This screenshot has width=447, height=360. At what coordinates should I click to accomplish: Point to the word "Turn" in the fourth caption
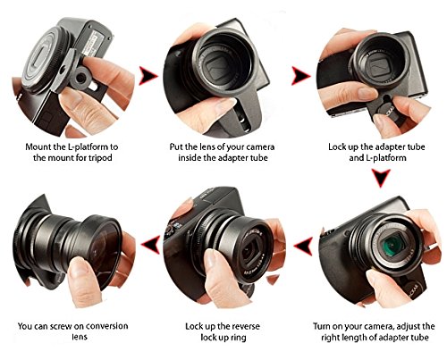click(322, 326)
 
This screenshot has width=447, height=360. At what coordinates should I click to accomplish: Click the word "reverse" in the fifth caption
click(244, 326)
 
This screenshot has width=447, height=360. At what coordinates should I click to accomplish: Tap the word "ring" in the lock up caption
click(239, 338)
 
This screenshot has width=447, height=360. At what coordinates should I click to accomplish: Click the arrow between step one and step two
click(148, 76)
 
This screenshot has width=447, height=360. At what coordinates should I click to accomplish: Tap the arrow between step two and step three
click(300, 76)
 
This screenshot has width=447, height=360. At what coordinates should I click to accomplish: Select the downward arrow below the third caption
click(381, 178)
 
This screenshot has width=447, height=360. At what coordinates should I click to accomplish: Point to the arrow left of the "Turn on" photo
click(304, 246)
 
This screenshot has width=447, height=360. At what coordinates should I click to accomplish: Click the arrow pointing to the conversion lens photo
click(151, 245)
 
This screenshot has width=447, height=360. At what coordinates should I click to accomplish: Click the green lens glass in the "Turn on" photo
click(393, 244)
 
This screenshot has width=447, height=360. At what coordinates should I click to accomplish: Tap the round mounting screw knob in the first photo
click(80, 78)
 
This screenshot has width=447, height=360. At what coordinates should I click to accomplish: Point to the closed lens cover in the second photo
click(217, 69)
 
